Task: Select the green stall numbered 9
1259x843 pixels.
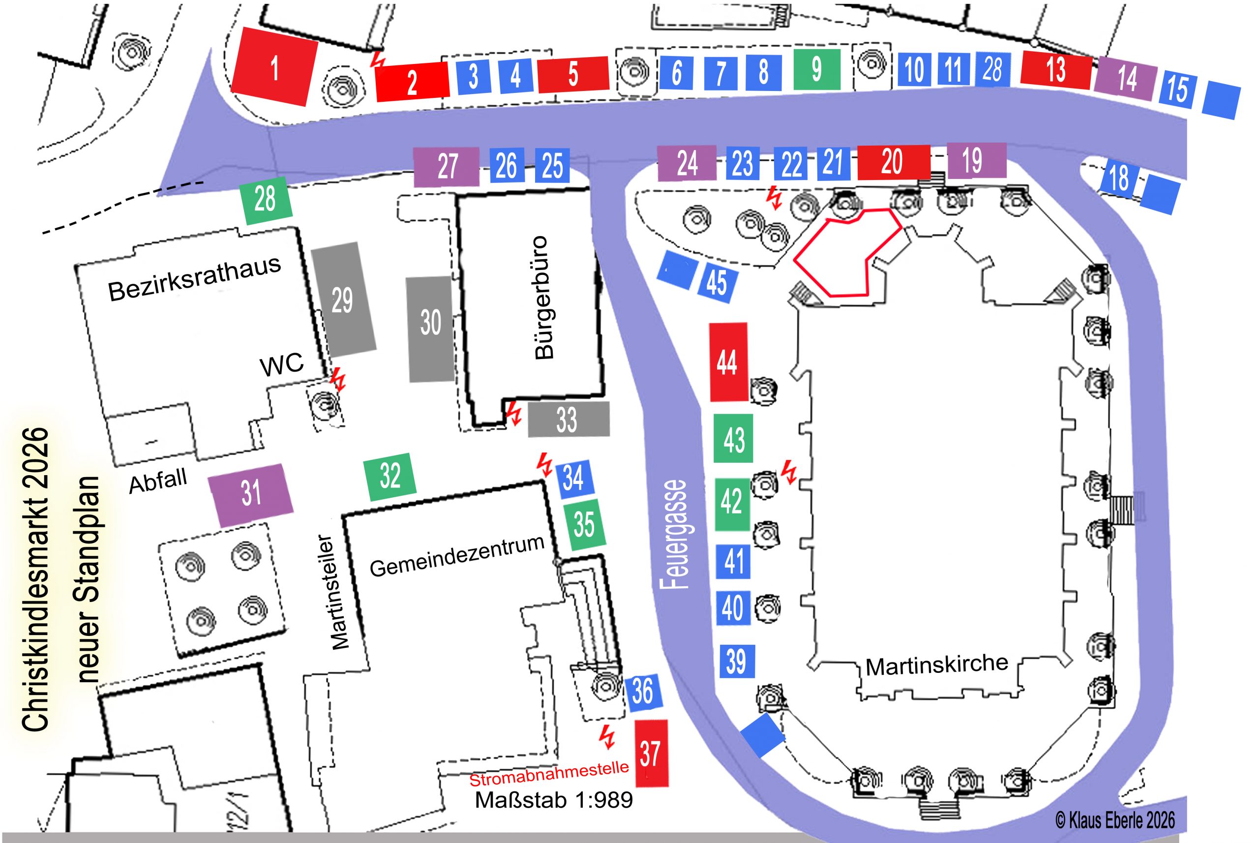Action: tap(816, 69)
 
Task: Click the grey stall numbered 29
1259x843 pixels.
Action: tap(343, 300)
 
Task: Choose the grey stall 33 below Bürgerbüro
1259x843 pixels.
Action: tap(568, 420)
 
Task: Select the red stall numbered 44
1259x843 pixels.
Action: tap(728, 362)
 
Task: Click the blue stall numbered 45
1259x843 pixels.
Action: tap(717, 283)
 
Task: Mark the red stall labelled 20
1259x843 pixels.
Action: tap(893, 161)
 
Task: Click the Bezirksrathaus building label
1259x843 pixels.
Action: tap(195, 278)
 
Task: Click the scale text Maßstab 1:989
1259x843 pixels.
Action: tap(554, 800)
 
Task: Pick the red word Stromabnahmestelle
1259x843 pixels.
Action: tap(549, 774)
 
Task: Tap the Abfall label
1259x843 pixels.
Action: tap(158, 480)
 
